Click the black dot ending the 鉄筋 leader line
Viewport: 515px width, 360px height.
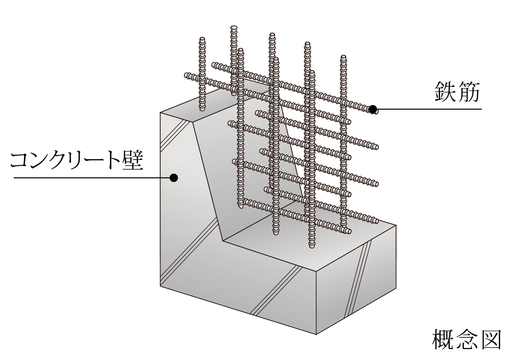point(373,109)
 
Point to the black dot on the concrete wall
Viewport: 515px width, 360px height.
point(174,177)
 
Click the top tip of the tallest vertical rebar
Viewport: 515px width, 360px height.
point(233,27)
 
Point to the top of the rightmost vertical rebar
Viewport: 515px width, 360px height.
point(343,57)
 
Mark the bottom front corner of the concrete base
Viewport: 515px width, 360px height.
point(316,335)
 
